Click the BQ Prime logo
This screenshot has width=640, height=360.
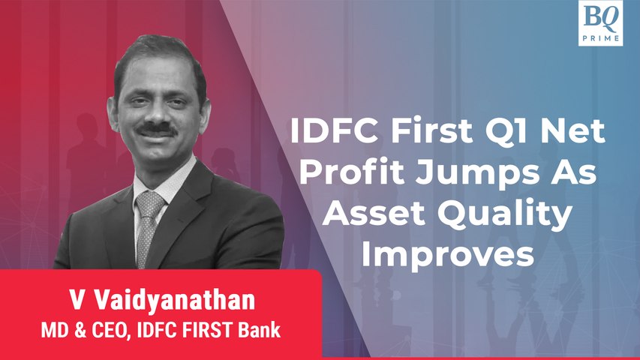click(600, 22)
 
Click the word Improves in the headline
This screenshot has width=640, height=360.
click(448, 255)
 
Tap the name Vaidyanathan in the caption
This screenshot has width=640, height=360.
click(175, 300)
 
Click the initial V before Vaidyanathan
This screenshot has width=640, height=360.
click(77, 300)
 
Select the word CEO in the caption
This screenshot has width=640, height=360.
click(109, 330)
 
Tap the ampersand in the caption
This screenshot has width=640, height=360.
click(80, 330)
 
